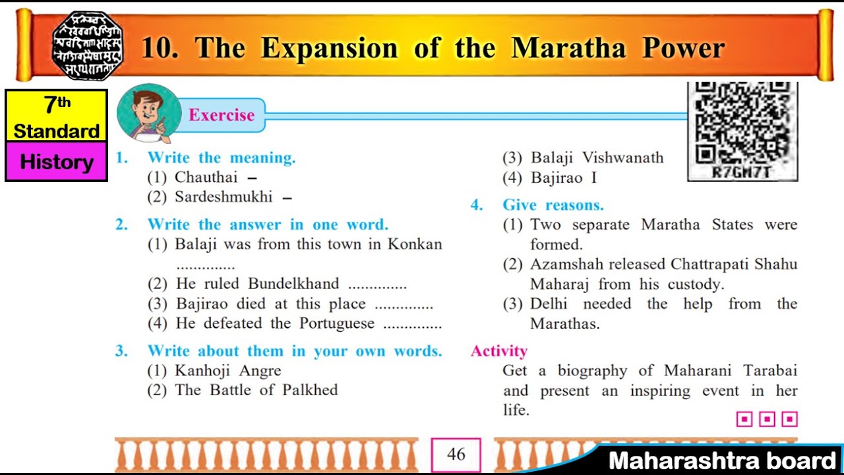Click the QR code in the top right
pyautogui.click(x=742, y=123)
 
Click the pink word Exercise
pyautogui.click(x=222, y=115)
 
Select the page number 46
pyautogui.click(x=456, y=455)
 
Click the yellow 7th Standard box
pyautogui.click(x=56, y=116)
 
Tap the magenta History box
pyautogui.click(x=56, y=162)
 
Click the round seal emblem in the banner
pyautogui.click(x=88, y=46)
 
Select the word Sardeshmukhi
pyautogui.click(x=224, y=197)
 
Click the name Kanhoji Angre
pyautogui.click(x=227, y=371)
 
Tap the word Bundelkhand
pyautogui.click(x=293, y=284)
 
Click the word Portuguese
pyautogui.click(x=337, y=324)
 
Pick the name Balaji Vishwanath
pyautogui.click(x=597, y=158)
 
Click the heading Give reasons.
pyautogui.click(x=553, y=205)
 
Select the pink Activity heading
pyautogui.click(x=499, y=351)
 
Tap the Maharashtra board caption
pyautogui.click(x=722, y=460)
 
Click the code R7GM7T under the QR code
pyautogui.click(x=742, y=173)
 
